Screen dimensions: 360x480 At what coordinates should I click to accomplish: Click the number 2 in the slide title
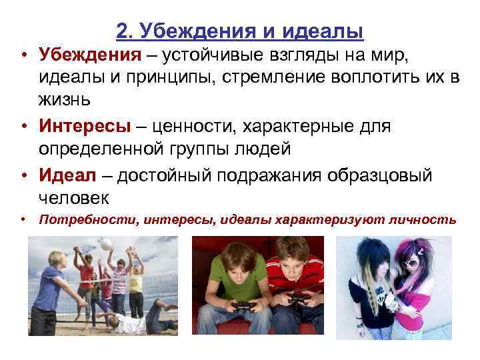click(x=121, y=31)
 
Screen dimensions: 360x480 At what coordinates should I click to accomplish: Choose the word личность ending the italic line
click(x=429, y=219)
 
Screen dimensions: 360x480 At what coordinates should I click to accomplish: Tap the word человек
click(x=73, y=198)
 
